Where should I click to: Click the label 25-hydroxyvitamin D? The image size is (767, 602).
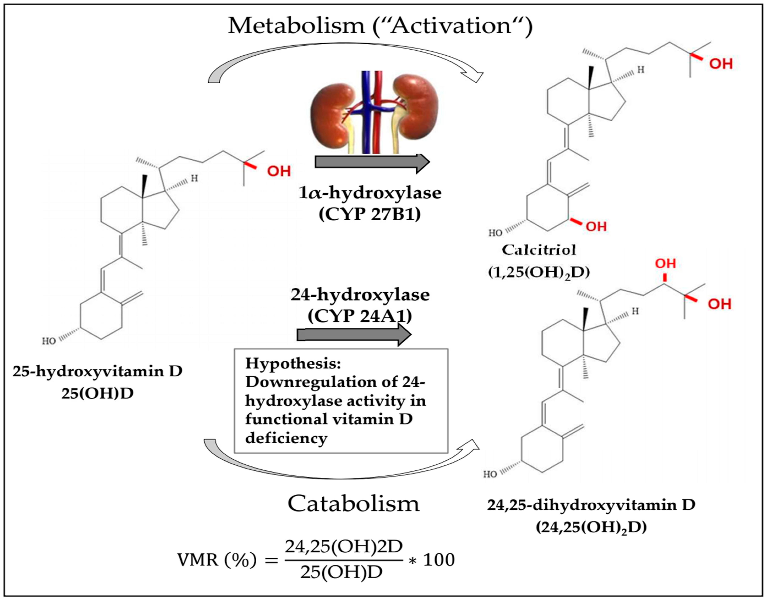click(x=97, y=371)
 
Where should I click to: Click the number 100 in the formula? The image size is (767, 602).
click(x=438, y=560)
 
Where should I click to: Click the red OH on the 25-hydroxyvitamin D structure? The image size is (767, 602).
click(x=279, y=171)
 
